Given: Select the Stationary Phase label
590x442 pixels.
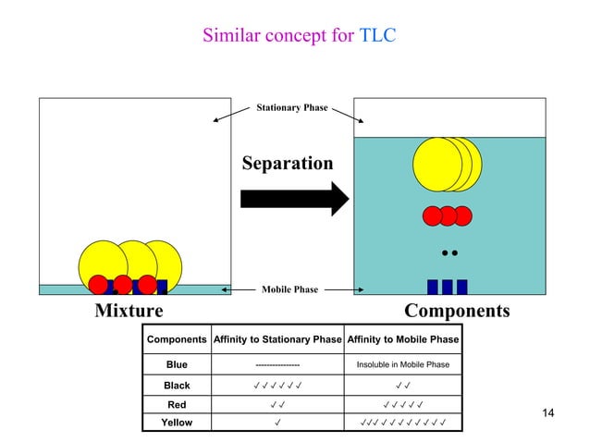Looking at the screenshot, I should point(291,108).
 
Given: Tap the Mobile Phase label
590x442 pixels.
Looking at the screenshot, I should point(289,289).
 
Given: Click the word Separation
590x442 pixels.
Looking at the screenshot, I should point(287,164).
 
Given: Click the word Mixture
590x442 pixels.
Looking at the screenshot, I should point(129,311).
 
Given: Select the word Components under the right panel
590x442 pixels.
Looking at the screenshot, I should point(457,311).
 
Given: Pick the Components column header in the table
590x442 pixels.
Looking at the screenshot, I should point(177,340).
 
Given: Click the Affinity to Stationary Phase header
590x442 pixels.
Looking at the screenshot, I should point(277,340).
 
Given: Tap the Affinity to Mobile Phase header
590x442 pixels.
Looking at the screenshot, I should point(402,340).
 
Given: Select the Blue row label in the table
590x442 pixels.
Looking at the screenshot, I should point(177,364).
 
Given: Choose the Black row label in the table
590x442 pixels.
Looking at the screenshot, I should point(177,386).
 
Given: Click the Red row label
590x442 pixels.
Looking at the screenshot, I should point(177,405).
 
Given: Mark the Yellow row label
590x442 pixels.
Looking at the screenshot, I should point(177,423).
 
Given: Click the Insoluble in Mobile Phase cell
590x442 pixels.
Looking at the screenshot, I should point(402,364).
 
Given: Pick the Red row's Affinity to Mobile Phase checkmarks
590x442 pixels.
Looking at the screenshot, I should point(402,405).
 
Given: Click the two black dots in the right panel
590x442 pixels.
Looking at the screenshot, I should point(449,252).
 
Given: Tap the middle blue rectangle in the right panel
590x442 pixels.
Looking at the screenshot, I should point(447,287).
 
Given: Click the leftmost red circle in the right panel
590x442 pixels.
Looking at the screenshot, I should point(433,216).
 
